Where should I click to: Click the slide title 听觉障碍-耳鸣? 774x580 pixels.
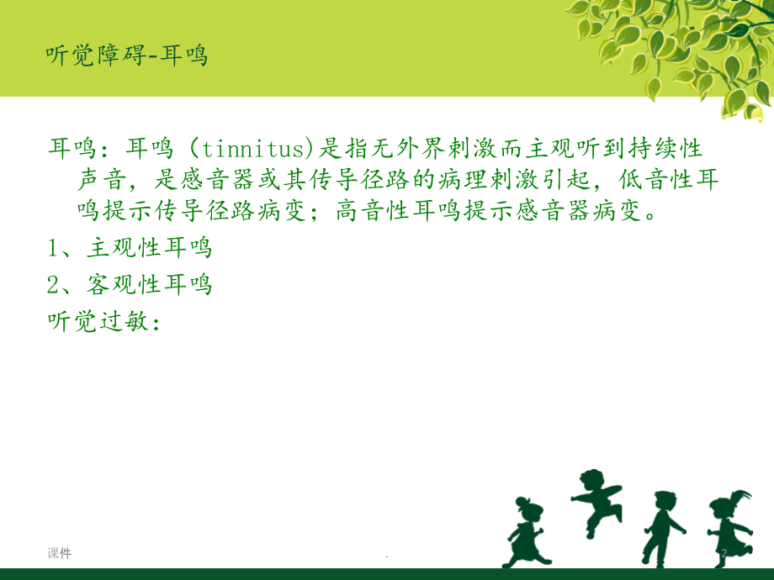(126, 56)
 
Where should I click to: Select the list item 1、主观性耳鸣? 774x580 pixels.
(130, 249)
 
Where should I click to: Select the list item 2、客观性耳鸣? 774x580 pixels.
(130, 286)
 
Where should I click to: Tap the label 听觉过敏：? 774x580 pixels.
(103, 322)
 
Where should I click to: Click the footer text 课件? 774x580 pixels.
(59, 553)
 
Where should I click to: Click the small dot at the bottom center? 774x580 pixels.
(386, 556)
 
